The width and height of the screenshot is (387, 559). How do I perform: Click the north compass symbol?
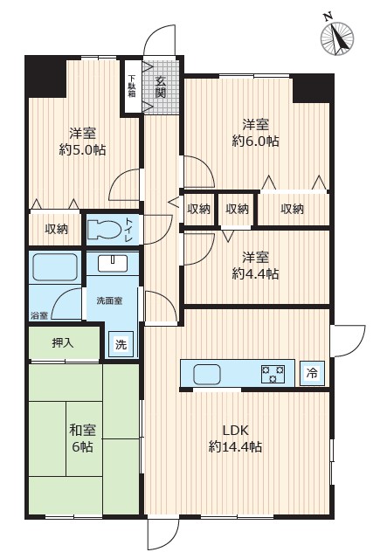(x=337, y=38)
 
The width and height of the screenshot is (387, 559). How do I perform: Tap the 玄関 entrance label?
(x=161, y=87)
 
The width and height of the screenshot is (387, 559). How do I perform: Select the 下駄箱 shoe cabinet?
(x=132, y=86)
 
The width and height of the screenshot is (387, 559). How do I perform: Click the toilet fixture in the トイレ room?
(x=105, y=230)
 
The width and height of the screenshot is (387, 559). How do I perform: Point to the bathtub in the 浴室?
(x=55, y=267)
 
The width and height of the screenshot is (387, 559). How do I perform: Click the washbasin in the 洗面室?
(x=113, y=264)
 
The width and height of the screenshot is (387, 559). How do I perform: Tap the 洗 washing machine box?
(x=121, y=344)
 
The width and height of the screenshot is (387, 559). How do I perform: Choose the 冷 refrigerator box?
(x=312, y=373)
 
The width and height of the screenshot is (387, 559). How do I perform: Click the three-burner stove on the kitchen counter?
(x=273, y=374)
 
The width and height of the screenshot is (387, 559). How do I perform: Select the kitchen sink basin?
(x=207, y=375)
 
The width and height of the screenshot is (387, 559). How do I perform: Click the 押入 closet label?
(x=63, y=343)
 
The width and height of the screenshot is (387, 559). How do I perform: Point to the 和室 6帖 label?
(x=82, y=438)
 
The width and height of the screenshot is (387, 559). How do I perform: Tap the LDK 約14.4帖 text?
(x=235, y=438)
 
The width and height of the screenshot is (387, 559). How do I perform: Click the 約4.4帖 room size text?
(x=255, y=273)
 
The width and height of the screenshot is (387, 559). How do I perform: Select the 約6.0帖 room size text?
(x=255, y=141)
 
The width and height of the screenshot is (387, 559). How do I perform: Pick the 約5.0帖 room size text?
(x=82, y=149)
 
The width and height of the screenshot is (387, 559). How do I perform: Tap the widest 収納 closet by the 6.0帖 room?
(x=294, y=209)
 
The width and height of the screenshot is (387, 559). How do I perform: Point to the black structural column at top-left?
(x=45, y=76)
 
